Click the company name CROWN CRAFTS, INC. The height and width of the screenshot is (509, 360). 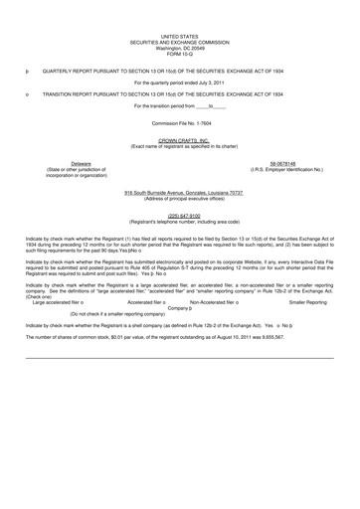[179, 140]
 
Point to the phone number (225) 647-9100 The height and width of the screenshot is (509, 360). [179, 213]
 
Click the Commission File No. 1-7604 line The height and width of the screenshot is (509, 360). [179, 123]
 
